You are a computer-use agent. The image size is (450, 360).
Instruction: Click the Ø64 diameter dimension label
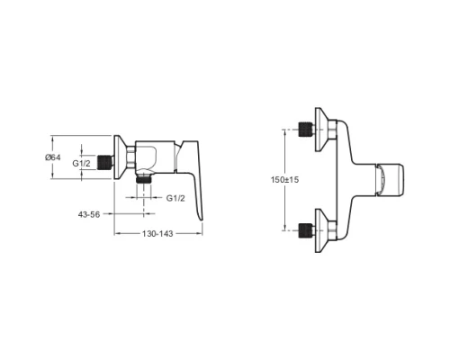tap(53, 157)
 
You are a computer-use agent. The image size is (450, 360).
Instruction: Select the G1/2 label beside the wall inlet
tap(81, 163)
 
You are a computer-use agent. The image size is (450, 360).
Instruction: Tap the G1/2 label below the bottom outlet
tap(175, 198)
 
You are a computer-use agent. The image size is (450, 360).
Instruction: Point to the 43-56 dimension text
tap(89, 214)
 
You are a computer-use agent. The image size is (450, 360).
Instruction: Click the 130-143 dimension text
tap(157, 234)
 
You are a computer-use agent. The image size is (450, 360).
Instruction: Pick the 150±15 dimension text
tap(284, 180)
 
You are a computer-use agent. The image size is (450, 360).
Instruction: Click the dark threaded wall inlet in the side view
tap(105, 162)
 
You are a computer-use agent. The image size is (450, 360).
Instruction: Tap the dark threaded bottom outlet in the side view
tap(144, 180)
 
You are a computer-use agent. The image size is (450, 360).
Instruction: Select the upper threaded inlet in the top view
tap(305, 130)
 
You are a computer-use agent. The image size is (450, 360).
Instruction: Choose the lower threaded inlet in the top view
tap(305, 230)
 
